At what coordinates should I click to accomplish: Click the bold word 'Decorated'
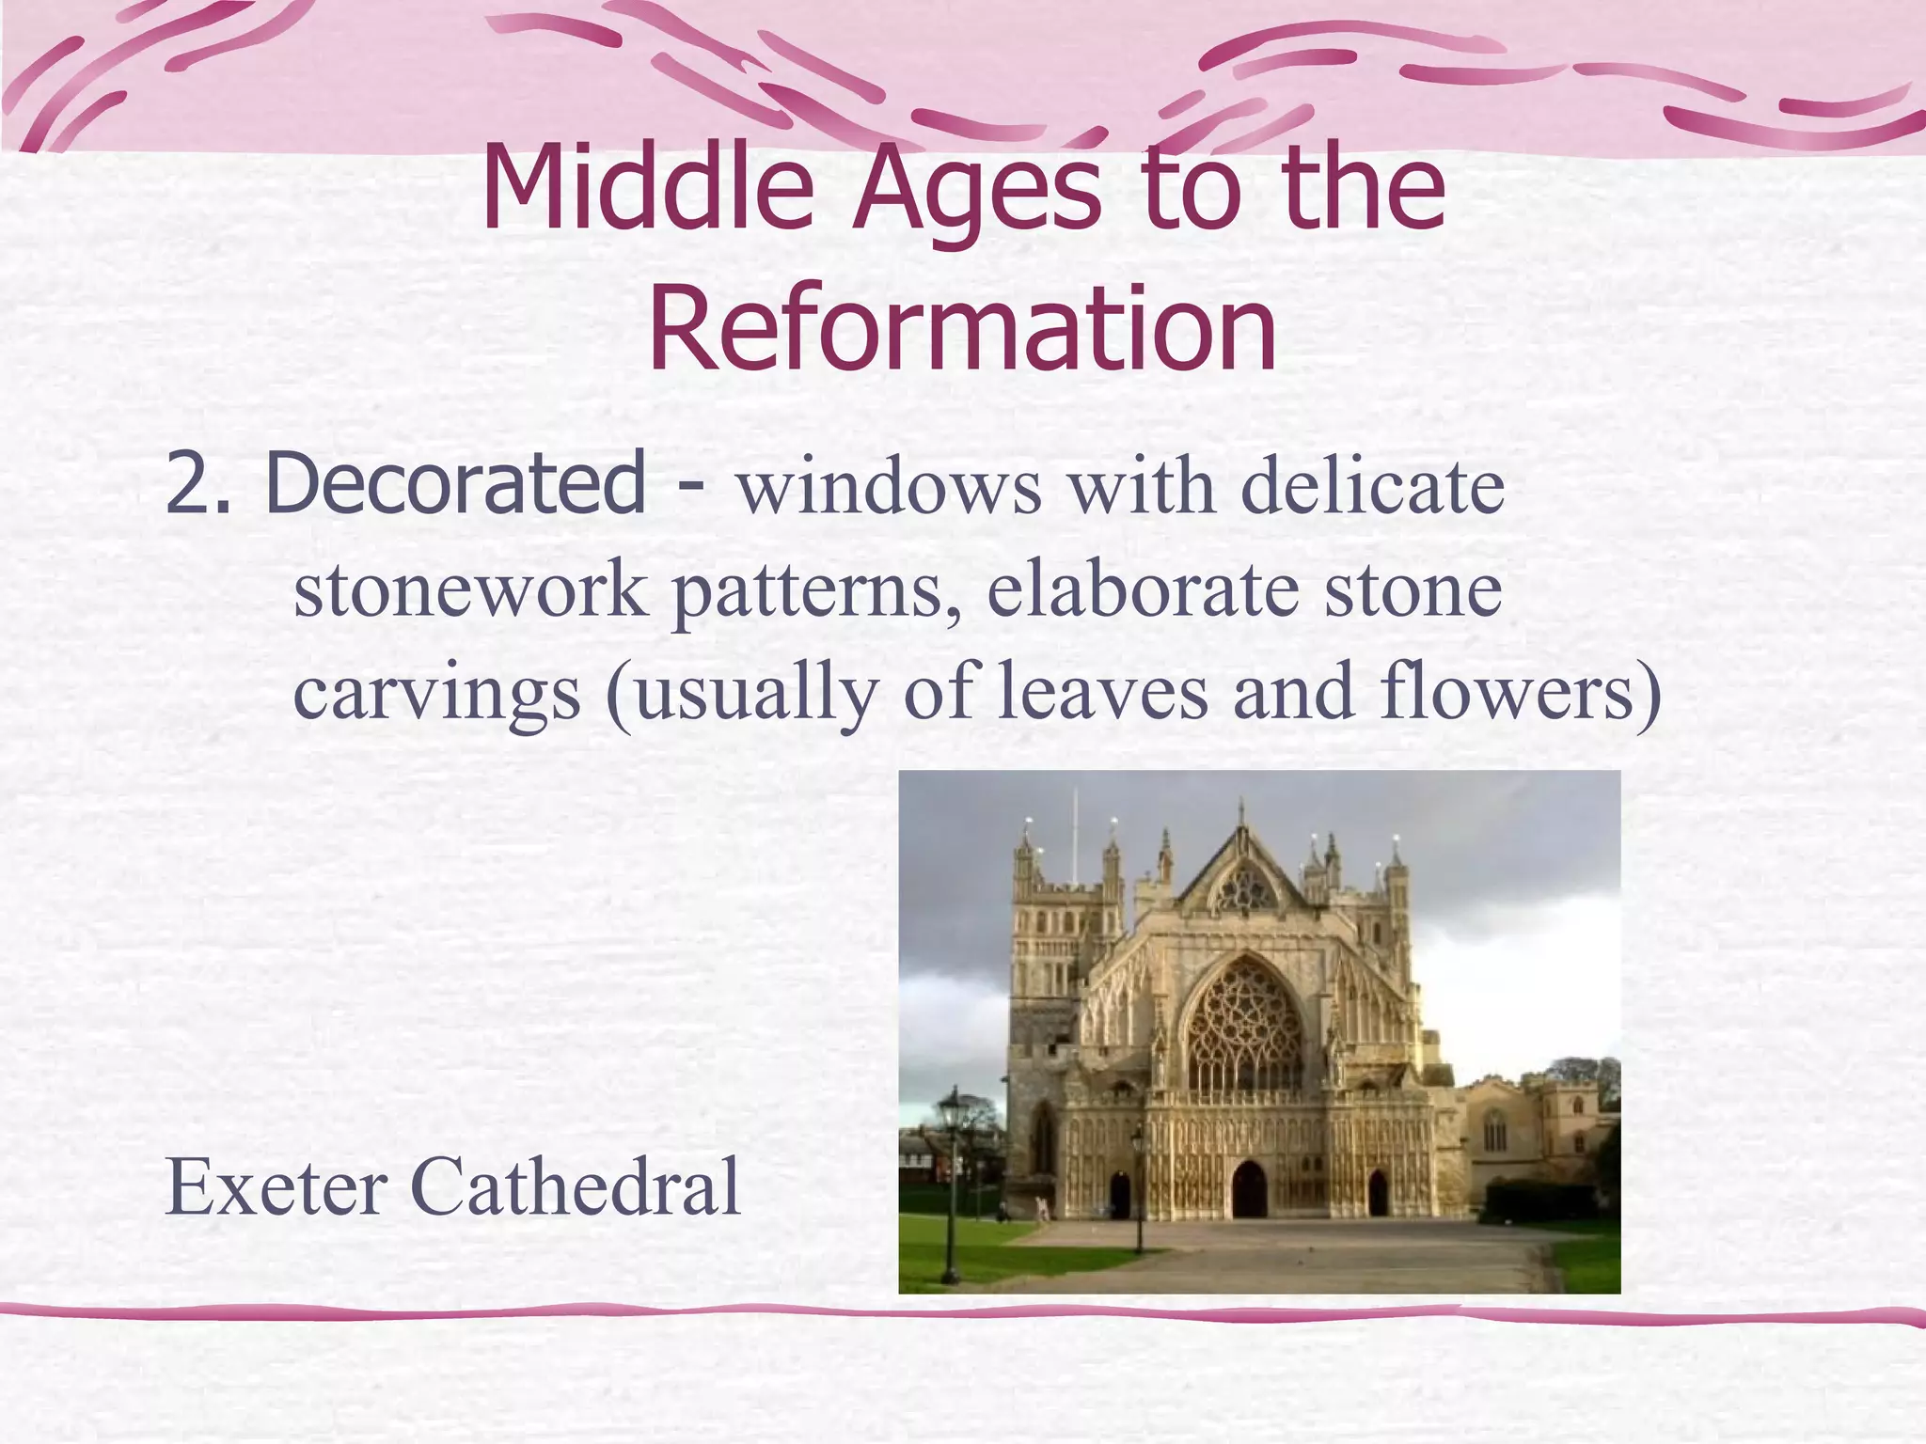[455, 483]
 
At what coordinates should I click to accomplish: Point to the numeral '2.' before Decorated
[197, 483]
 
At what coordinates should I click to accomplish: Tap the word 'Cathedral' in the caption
[576, 1186]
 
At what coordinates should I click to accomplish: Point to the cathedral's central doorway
[1249, 1192]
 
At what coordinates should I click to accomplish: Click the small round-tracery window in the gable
[1247, 887]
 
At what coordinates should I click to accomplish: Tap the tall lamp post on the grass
[952, 1185]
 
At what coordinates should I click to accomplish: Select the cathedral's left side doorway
[1119, 1196]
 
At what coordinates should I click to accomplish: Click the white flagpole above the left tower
[1075, 837]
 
